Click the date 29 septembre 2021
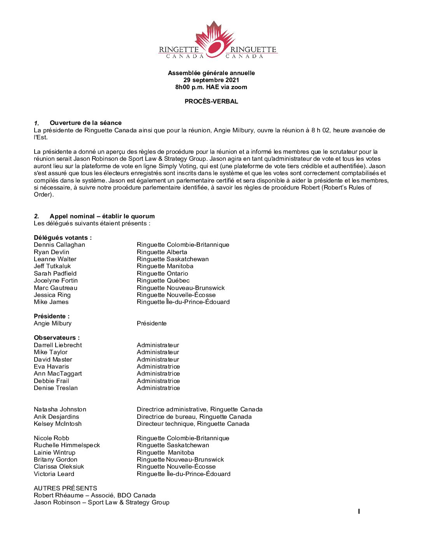pyautogui.click(x=211, y=80)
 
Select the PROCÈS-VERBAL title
pyautogui.click(x=211, y=102)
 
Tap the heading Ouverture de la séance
pyautogui.click(x=86, y=123)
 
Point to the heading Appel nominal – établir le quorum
pyautogui.click(x=102, y=216)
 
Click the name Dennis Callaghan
pyautogui.click(x=59, y=245)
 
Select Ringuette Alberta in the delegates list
pyautogui.click(x=162, y=252)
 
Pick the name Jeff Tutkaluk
pyautogui.click(x=52, y=266)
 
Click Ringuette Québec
pyautogui.click(x=163, y=281)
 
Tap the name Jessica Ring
pyautogui.click(x=52, y=295)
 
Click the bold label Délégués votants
pyautogui.click(x=63, y=238)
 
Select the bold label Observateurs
pyautogui.click(x=56, y=338)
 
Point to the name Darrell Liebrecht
pyautogui.click(x=58, y=345)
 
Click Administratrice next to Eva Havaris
pyautogui.click(x=158, y=367)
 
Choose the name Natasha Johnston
pyautogui.click(x=60, y=409)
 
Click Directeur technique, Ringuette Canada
pyautogui.click(x=193, y=424)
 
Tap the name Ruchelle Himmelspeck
pyautogui.click(x=66, y=445)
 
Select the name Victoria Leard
pyautogui.click(x=54, y=474)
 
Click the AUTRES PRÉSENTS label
pyautogui.click(x=65, y=488)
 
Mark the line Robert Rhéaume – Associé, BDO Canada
pyautogui.click(x=94, y=495)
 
